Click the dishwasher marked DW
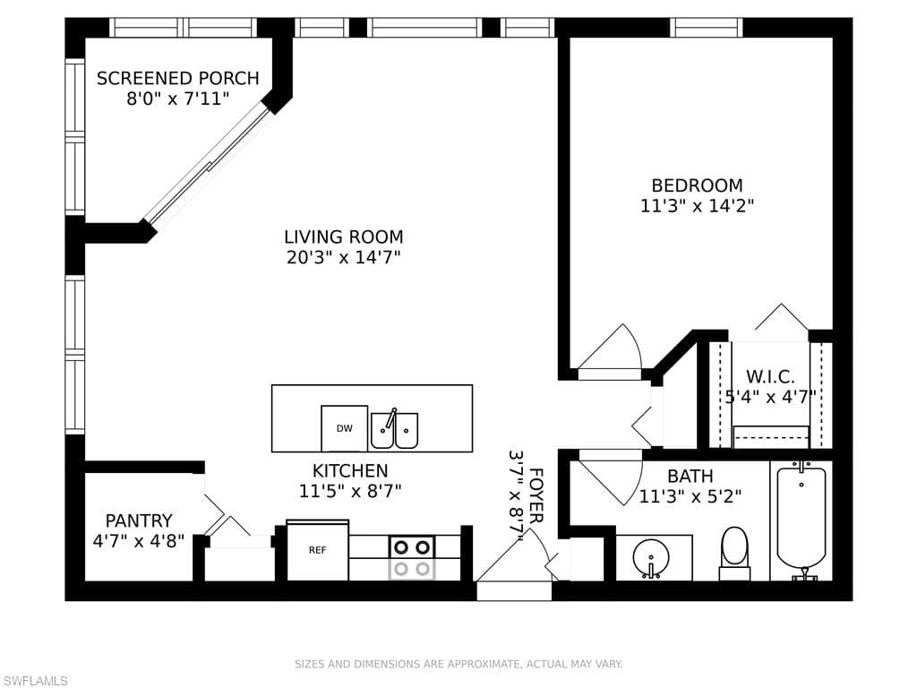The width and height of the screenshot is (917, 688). (x=345, y=428)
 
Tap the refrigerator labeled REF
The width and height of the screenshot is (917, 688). (x=318, y=550)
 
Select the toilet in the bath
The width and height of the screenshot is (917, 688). (x=734, y=554)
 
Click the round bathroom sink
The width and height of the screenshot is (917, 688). (x=651, y=556)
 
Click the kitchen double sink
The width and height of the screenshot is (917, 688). (x=395, y=429)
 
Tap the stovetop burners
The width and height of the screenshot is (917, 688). (x=412, y=557)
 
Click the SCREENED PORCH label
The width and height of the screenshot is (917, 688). (x=178, y=79)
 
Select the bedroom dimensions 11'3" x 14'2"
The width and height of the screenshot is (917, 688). (x=697, y=206)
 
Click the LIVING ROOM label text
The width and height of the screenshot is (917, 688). (x=344, y=236)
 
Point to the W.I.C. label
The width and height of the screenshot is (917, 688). (x=770, y=376)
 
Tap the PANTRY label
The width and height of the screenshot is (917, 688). (x=139, y=520)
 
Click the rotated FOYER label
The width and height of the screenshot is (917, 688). (x=536, y=494)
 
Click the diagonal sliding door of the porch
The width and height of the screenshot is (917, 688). (x=207, y=165)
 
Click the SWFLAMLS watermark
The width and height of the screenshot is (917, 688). (x=34, y=681)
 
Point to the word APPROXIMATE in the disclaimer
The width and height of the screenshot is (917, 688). (x=483, y=664)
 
